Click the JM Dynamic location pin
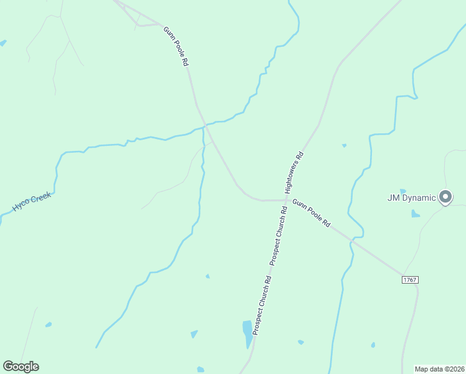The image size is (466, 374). click(x=445, y=197)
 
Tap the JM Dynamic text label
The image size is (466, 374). click(x=412, y=198)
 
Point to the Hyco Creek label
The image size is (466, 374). click(x=31, y=202)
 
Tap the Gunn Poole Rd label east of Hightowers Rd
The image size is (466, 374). click(x=311, y=213)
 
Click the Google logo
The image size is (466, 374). click(x=21, y=367)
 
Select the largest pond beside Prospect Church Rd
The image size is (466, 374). click(x=248, y=333)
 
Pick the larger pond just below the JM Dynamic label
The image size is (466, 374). click(x=416, y=214)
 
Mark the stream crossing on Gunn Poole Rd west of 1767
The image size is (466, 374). click(x=354, y=238)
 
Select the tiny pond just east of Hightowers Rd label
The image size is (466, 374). click(x=344, y=146)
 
